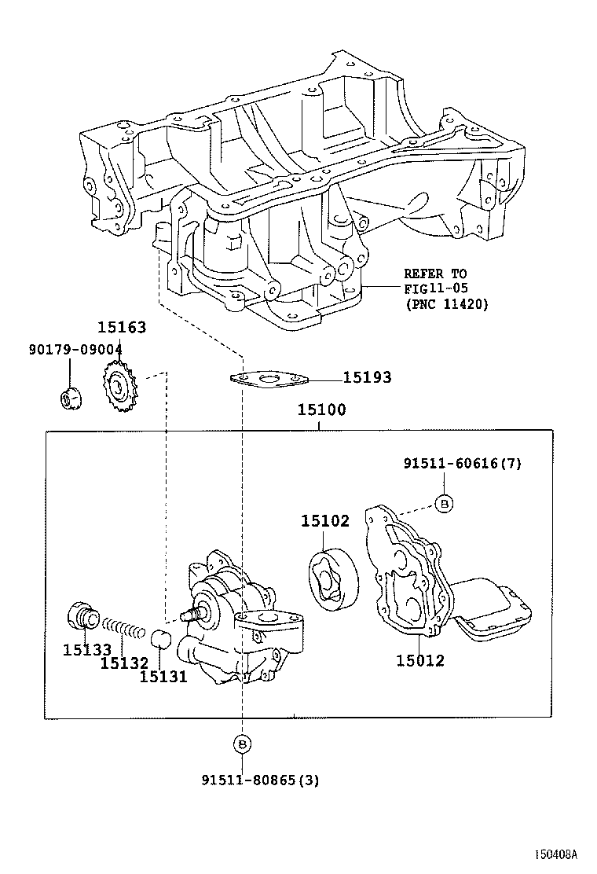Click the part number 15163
point(122,327)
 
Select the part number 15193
point(367,378)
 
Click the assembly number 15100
point(321,409)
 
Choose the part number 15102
point(324,521)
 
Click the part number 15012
point(419,660)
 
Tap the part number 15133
point(87,649)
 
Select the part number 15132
point(124,664)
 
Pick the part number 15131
point(163,675)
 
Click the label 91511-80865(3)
point(260,780)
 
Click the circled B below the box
point(243,743)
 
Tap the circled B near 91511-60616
point(444,503)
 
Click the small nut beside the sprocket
point(70,398)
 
